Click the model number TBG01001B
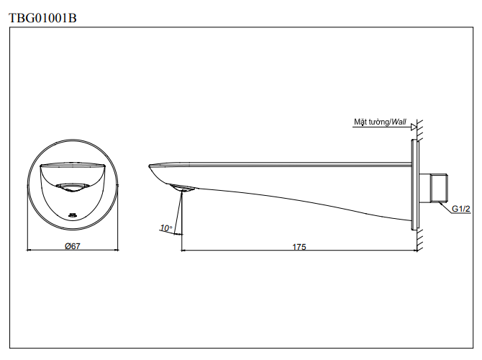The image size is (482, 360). coord(42,18)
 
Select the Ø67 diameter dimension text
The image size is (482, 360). coord(72,246)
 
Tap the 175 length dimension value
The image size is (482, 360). coord(299,246)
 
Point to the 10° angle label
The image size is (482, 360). coord(166,228)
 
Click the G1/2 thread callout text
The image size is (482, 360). coord(461,209)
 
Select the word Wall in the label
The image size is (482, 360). coord(399,122)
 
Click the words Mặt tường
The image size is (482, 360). coord(370,122)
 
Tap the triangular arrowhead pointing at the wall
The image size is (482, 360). coord(414,127)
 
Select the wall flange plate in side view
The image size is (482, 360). coord(415,185)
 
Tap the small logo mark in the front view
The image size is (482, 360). coord(72,214)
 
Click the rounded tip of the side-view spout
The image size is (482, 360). coord(152,171)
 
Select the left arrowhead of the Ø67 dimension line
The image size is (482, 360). coord(29,251)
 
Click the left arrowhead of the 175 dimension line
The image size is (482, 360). coord(183,251)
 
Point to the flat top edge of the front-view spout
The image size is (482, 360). coord(72,165)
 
